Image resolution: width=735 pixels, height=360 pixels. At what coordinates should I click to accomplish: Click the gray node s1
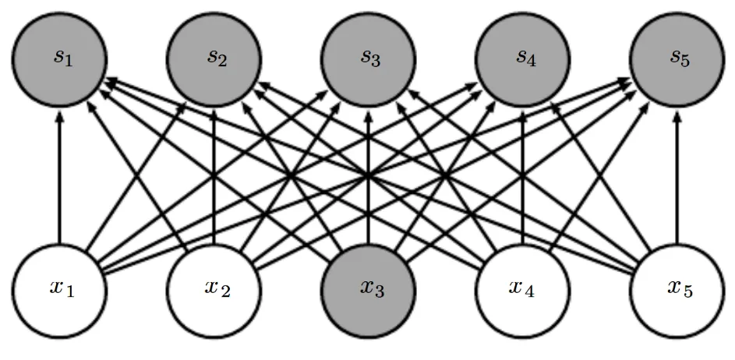click(59, 58)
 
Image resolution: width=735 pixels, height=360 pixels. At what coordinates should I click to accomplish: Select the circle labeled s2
click(214, 58)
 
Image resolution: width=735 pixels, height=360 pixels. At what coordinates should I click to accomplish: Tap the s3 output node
click(368, 58)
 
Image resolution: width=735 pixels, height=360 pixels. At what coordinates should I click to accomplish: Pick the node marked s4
click(522, 58)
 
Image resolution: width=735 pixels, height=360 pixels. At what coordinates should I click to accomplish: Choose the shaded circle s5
click(676, 58)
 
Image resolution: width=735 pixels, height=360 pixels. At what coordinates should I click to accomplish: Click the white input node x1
click(59, 288)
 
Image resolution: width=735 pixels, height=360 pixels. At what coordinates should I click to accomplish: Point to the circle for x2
click(214, 288)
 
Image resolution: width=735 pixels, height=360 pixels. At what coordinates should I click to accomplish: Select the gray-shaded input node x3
click(368, 288)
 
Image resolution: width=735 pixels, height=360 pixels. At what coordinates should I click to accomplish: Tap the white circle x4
click(522, 288)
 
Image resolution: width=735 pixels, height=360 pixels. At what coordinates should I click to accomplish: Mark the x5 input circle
click(676, 288)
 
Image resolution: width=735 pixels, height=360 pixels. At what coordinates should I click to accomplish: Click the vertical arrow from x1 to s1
click(59, 179)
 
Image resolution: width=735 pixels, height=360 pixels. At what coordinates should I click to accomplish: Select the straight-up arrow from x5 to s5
click(676, 179)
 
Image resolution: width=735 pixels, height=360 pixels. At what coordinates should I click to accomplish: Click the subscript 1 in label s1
click(69, 62)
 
